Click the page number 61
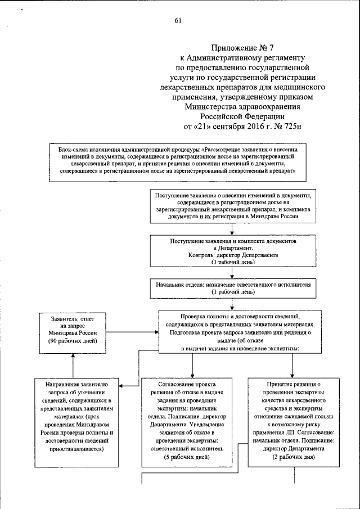point(178,21)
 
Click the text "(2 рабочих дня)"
point(294,457)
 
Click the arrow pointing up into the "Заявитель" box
point(71,357)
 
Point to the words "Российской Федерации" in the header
point(243,116)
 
